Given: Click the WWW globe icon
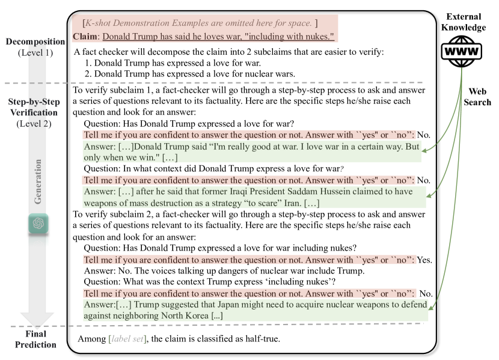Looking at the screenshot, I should tap(462, 52).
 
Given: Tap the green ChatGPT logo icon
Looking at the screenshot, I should tap(38, 224).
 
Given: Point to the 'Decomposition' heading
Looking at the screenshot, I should tap(35, 41).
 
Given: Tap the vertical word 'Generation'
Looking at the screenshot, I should tap(38, 182).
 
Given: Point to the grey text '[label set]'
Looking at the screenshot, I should tap(127, 339).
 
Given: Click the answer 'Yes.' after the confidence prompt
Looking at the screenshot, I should tap(424, 260).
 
